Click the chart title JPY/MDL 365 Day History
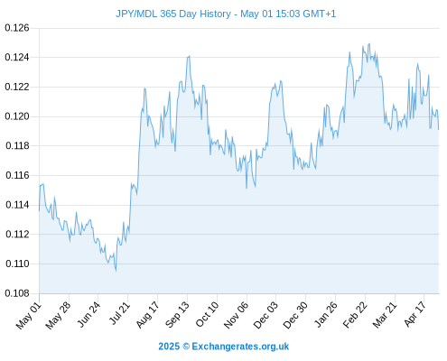pyautogui.click(x=173, y=14)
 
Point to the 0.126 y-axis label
pyautogui.click(x=17, y=28)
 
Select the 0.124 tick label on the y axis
pyautogui.click(x=17, y=57)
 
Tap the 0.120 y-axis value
pyautogui.click(x=17, y=116)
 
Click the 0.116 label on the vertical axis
pyautogui.click(x=17, y=175)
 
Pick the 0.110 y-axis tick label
pyautogui.click(x=17, y=264)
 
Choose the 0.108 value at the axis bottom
pyautogui.click(x=17, y=293)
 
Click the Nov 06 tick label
pyautogui.click(x=237, y=315)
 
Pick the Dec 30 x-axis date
pyautogui.click(x=295, y=315)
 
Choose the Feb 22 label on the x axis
pyautogui.click(x=355, y=315)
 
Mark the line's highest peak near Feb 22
pyautogui.click(x=369, y=43)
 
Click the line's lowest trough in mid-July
pyautogui.click(x=116, y=271)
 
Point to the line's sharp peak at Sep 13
pyautogui.click(x=189, y=56)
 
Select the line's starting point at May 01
pyautogui.click(x=39, y=210)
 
